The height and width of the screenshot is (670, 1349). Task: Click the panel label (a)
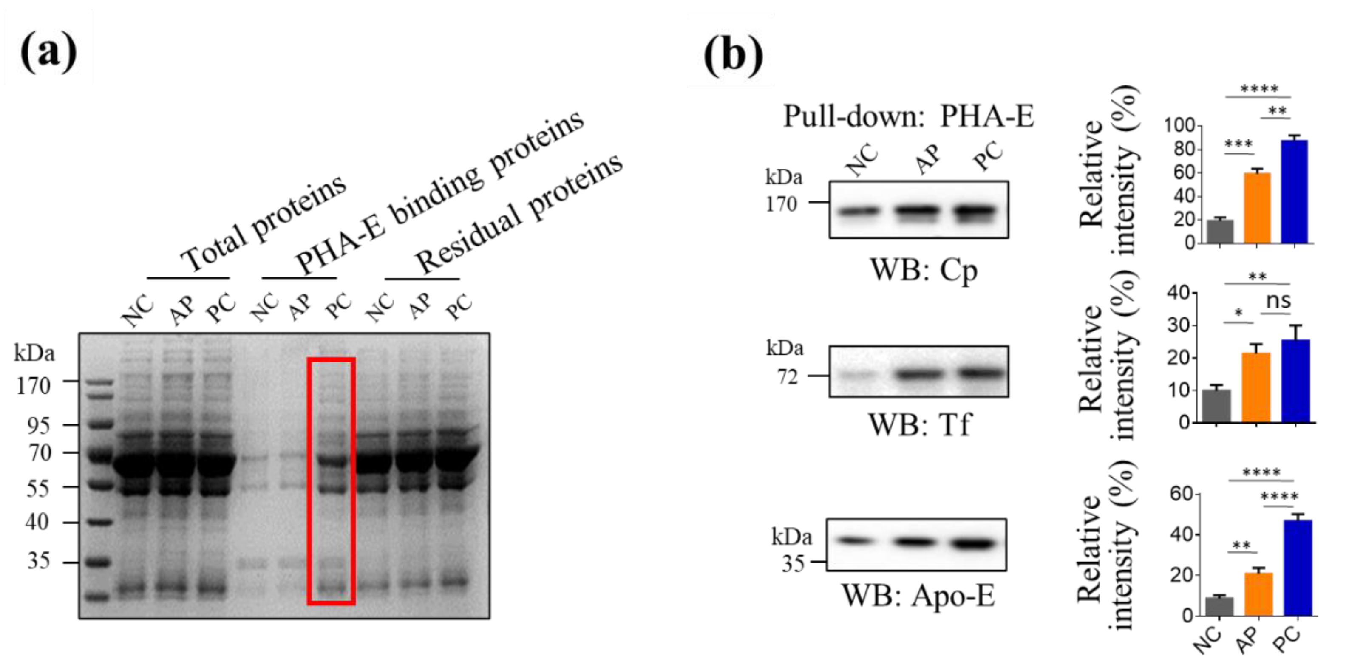click(x=48, y=52)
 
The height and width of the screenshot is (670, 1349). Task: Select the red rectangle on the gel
click(x=332, y=481)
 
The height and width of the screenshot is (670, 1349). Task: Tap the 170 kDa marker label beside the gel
click(x=34, y=386)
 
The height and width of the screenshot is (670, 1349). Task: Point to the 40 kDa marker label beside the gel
click(x=37, y=522)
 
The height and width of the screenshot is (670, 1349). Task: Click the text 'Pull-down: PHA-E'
click(x=908, y=116)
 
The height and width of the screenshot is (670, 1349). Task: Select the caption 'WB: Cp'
click(x=923, y=271)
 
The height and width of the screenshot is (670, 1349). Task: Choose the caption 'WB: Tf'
click(x=919, y=424)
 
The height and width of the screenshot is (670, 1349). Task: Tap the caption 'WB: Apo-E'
click(x=918, y=596)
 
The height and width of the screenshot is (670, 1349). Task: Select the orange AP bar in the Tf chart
click(x=1256, y=387)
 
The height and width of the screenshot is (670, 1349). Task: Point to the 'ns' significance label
click(x=1278, y=300)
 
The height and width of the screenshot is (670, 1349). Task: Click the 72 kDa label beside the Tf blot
click(x=787, y=376)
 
